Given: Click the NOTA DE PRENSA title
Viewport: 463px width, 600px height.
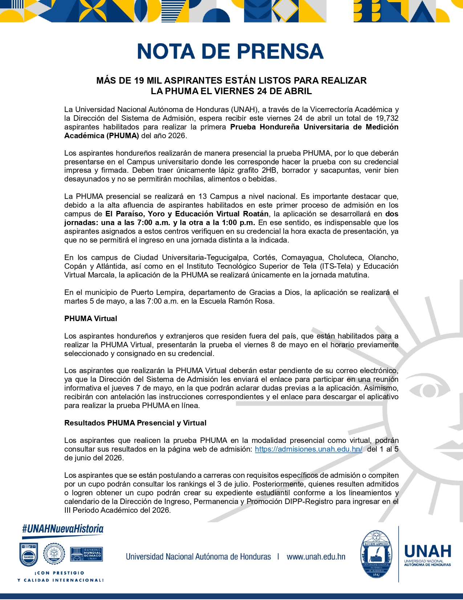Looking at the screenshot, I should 231,51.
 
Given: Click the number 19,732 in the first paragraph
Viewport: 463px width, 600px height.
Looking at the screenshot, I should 387,118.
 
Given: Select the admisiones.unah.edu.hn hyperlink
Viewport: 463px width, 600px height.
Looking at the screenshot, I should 308,449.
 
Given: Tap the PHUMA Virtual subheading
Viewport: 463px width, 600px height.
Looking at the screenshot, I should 91,319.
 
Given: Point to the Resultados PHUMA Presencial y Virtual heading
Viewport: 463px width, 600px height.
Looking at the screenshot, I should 135,423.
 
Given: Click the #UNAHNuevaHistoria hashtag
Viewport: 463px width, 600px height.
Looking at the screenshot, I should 63,529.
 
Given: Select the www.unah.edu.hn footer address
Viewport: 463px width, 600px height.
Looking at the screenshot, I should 316,557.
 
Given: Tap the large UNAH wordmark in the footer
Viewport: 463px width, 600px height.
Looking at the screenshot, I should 428,551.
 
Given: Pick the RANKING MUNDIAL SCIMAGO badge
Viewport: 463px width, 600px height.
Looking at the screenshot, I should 86,554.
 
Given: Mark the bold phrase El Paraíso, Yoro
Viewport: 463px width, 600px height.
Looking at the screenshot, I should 135,214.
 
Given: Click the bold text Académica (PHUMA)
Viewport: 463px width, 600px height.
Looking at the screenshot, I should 102,136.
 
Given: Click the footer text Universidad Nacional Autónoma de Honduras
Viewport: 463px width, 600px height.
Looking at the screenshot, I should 198,557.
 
